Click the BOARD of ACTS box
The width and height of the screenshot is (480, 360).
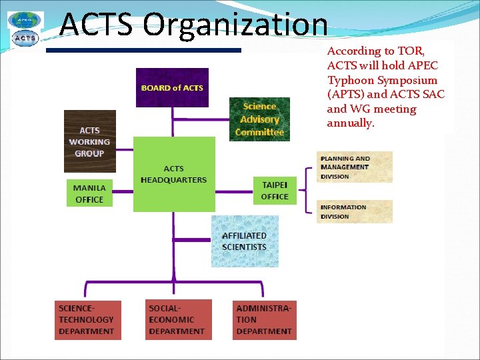[x=172, y=87]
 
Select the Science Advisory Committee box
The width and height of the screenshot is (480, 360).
[x=259, y=119]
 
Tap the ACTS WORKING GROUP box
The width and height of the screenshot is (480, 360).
[x=89, y=141]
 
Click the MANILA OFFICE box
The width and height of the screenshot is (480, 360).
[x=89, y=193]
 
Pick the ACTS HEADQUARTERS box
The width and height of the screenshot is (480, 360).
[x=174, y=174]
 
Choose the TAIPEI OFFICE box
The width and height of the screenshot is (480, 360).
[x=275, y=190]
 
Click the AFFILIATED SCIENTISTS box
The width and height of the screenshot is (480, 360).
[x=244, y=241]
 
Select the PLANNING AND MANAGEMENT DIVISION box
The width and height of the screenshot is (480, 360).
[x=354, y=167]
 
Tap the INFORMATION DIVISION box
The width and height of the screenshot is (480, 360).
[x=354, y=211]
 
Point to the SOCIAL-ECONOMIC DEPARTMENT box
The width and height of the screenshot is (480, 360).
[x=179, y=320]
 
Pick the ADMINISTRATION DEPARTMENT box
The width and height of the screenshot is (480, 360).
[x=264, y=320]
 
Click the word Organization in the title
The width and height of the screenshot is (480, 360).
[x=235, y=25]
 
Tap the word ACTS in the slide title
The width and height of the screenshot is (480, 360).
[x=97, y=25]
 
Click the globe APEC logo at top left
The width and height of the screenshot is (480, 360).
[x=25, y=20]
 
